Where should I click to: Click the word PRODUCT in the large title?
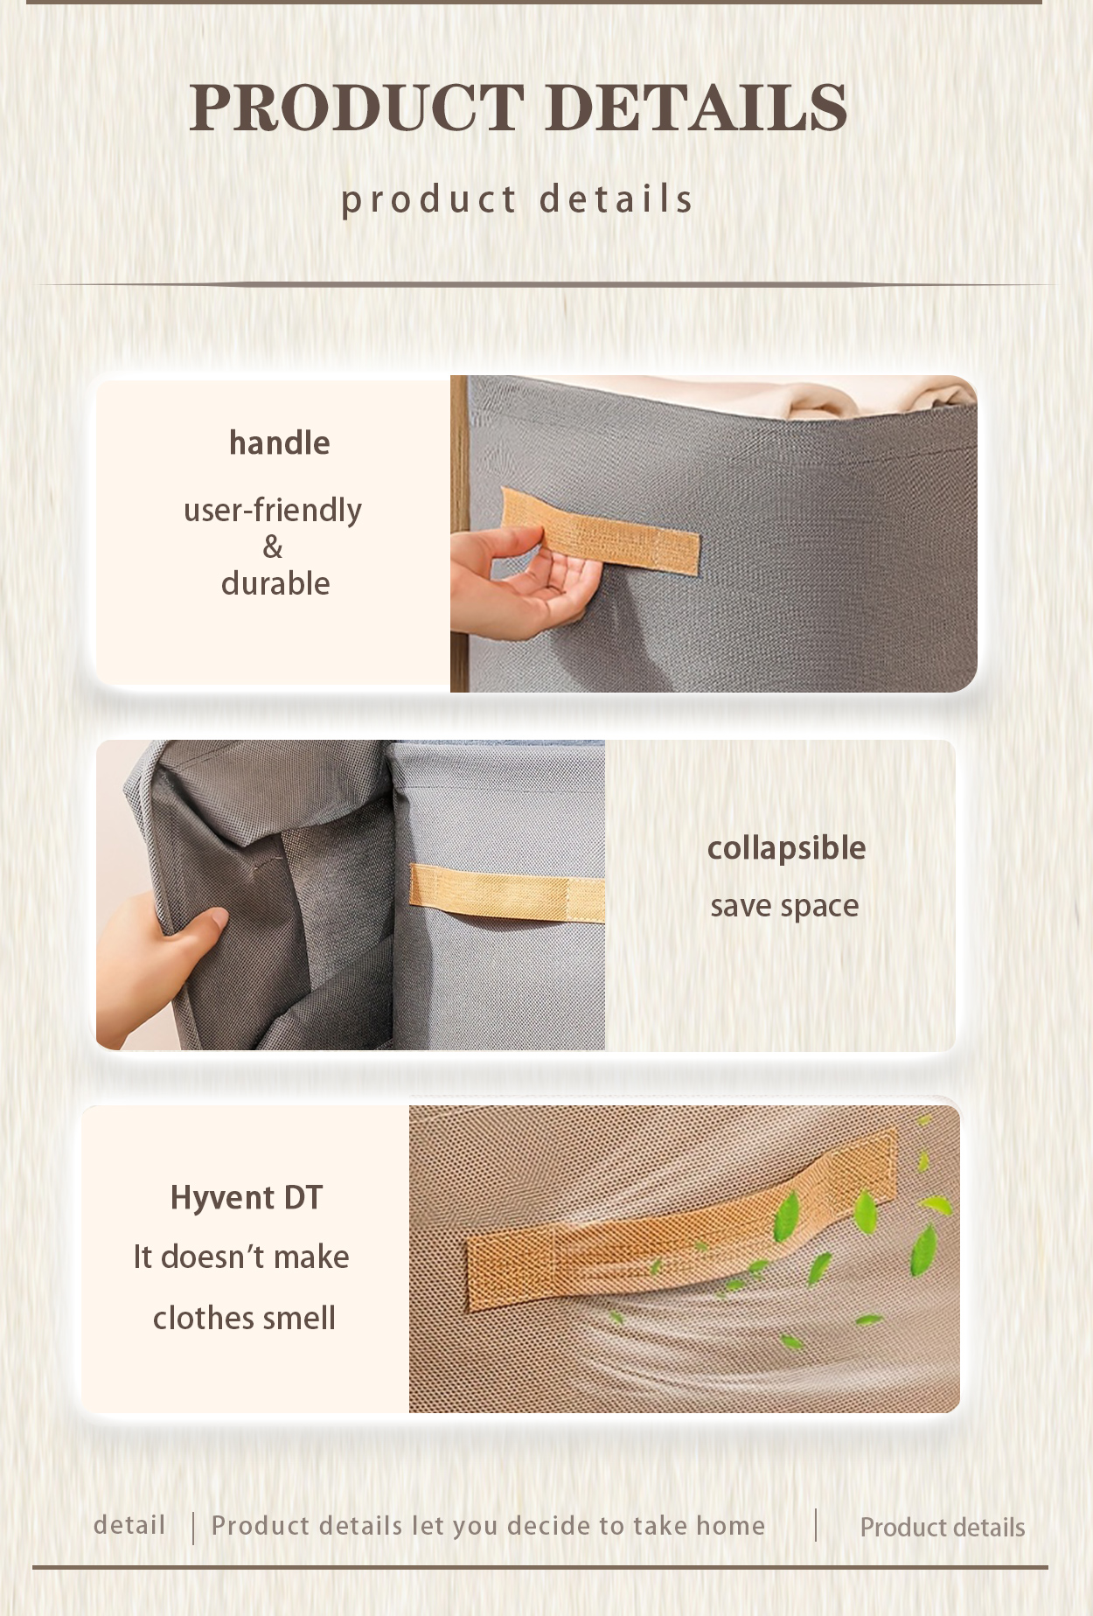pyautogui.click(x=357, y=108)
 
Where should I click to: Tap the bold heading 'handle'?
pyautogui.click(x=279, y=443)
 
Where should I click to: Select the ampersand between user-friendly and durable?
pyautogui.click(x=273, y=547)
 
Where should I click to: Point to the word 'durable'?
pyautogui.click(x=275, y=584)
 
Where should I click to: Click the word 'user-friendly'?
pyautogui.click(x=273, y=510)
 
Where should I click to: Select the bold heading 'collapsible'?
pyautogui.click(x=786, y=848)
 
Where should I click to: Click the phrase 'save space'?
pyautogui.click(x=784, y=906)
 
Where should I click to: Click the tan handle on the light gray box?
pyautogui.click(x=507, y=892)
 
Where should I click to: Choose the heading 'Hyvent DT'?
pyautogui.click(x=247, y=1198)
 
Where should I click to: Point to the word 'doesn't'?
pyautogui.click(x=213, y=1257)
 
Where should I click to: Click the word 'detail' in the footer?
pyautogui.click(x=129, y=1525)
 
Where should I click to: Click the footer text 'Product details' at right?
pyautogui.click(x=942, y=1528)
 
